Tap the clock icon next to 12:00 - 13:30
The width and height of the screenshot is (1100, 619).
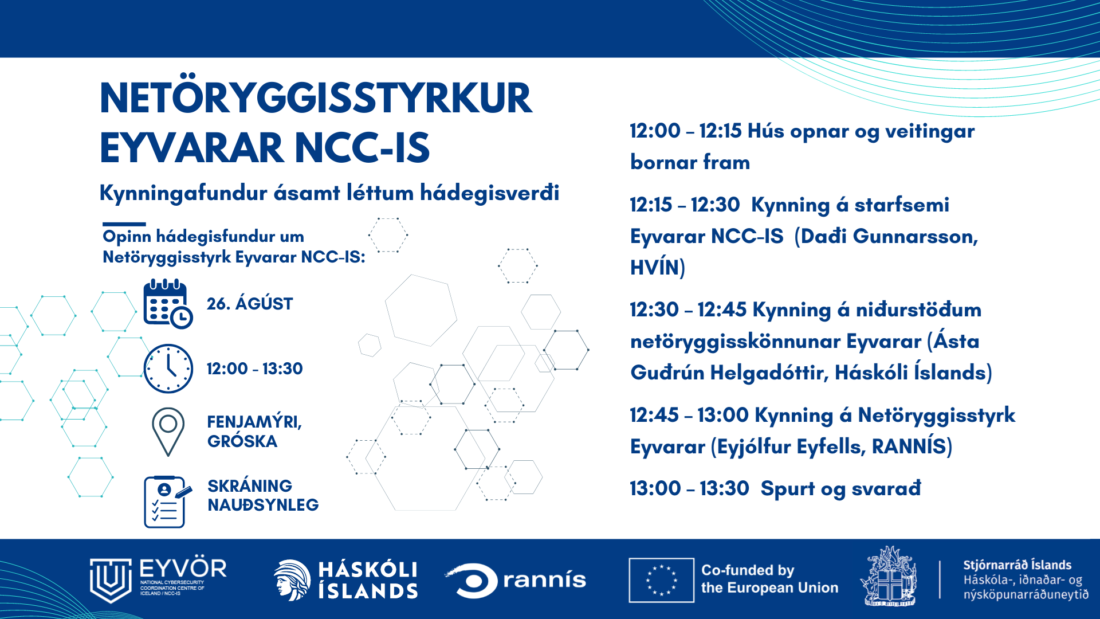(x=168, y=369)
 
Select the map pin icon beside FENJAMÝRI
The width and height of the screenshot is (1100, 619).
(x=168, y=432)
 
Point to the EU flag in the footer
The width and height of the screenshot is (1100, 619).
(x=661, y=580)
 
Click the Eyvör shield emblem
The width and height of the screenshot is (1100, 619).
(x=111, y=580)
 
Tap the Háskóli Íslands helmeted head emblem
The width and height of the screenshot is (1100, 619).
(x=292, y=580)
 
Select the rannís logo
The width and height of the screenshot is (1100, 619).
(x=516, y=580)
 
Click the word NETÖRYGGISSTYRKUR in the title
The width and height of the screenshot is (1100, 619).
(x=316, y=99)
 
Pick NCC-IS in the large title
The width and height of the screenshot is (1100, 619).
(x=362, y=148)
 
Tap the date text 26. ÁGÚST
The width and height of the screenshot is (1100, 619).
(x=250, y=303)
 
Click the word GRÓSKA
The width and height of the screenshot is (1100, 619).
(x=242, y=441)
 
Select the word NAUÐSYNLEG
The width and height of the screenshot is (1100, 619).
(x=263, y=505)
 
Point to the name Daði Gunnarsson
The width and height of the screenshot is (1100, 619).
(x=889, y=236)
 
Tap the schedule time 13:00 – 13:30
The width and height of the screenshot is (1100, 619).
(x=689, y=488)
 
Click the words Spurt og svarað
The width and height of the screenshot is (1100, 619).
(x=841, y=489)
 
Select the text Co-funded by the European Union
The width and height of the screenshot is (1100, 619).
(x=769, y=579)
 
